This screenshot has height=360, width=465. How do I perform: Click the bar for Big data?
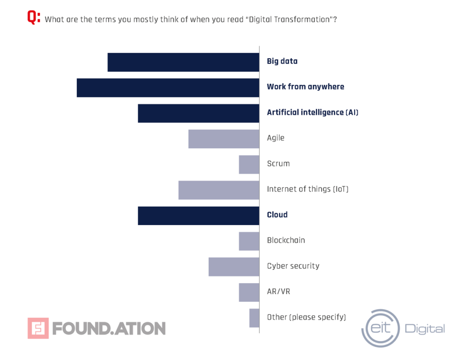[183, 62]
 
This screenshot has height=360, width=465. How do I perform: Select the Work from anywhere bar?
[168, 88]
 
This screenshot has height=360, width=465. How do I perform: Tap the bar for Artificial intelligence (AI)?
[198, 113]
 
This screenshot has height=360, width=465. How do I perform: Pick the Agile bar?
[224, 139]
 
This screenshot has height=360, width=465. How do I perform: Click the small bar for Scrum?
[249, 164]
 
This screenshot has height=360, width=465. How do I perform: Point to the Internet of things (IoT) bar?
[219, 190]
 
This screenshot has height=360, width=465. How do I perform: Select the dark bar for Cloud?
[198, 216]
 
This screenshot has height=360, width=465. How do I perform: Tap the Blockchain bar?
[249, 241]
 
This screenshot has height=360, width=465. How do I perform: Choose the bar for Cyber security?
[234, 267]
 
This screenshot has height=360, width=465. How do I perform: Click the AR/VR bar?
[249, 292]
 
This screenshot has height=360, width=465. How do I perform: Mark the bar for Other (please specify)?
[254, 318]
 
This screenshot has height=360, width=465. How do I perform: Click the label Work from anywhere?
[305, 87]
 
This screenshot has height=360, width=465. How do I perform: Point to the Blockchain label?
[286, 240]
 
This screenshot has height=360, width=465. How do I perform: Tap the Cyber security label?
[293, 266]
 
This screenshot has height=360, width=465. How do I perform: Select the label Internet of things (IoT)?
[307, 189]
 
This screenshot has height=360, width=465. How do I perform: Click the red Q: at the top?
[34, 18]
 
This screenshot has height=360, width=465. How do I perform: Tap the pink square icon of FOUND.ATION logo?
[38, 328]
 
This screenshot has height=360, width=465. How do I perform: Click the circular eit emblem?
[380, 328]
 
